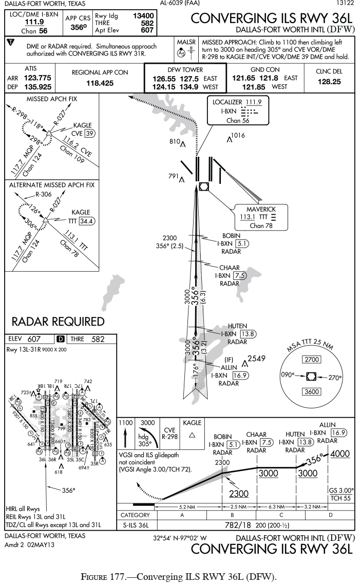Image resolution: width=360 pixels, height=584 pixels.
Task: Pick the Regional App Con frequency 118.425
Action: (x=100, y=83)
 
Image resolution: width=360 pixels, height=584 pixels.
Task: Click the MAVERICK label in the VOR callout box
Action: (x=261, y=209)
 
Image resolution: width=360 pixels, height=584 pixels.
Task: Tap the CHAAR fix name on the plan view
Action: (x=230, y=268)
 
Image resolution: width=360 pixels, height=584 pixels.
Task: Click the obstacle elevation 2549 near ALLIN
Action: (x=256, y=359)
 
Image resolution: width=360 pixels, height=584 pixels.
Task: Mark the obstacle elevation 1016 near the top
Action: (x=238, y=135)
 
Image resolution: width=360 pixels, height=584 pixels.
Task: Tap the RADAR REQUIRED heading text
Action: (x=58, y=322)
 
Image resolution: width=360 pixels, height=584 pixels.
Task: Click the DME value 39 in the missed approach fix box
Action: (x=90, y=134)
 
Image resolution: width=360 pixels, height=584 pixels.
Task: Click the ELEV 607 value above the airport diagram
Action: (x=35, y=339)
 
